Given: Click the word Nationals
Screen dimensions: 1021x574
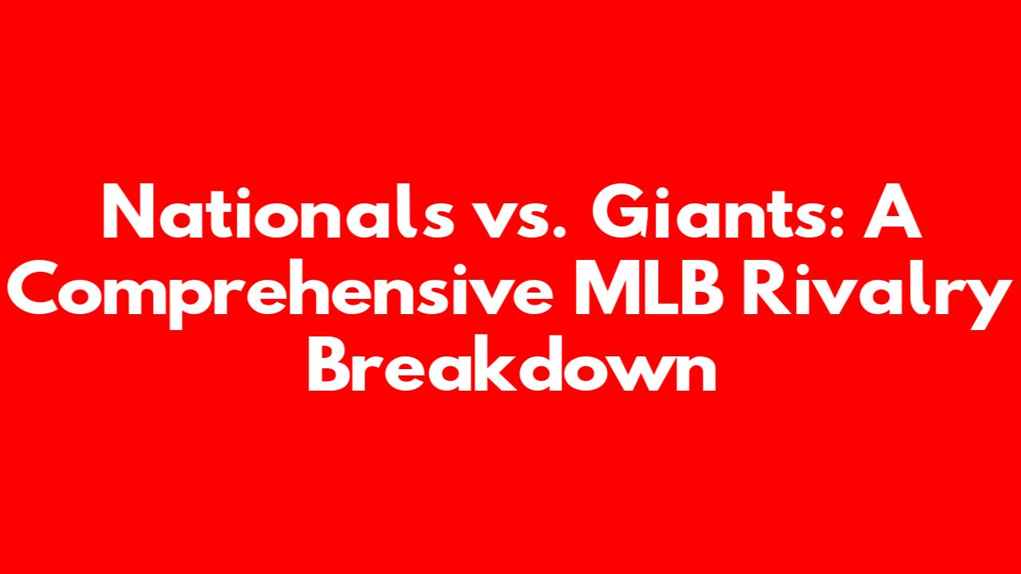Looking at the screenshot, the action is [278, 211].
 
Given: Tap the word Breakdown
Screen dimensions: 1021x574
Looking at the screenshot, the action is [512, 363].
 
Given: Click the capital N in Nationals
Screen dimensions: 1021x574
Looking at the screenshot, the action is [128, 211].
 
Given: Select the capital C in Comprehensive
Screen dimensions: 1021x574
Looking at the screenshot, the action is [34, 288].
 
